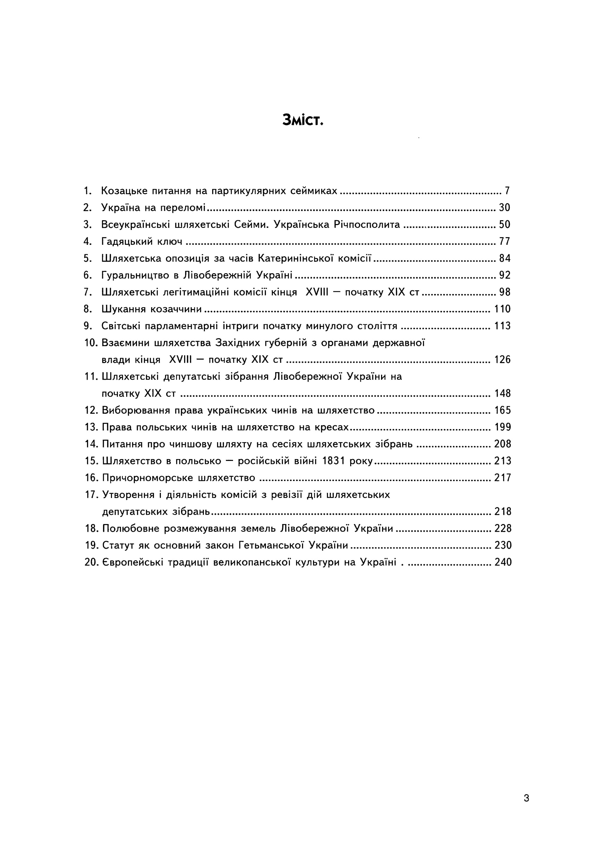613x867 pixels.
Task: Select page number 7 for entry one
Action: click(x=507, y=191)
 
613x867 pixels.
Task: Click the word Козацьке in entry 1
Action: click(x=123, y=191)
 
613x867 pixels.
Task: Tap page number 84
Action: click(x=505, y=258)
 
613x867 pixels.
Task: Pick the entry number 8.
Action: click(x=88, y=309)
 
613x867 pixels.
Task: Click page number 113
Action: click(x=502, y=326)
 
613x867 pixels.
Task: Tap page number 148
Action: click(x=502, y=394)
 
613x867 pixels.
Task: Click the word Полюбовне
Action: click(x=131, y=529)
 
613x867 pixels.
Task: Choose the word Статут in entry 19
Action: click(x=118, y=546)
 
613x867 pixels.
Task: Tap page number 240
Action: click(x=503, y=563)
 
